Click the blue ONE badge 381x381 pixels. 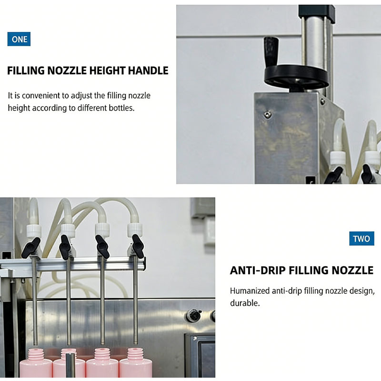coord(19,39)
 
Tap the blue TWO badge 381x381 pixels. coord(361,239)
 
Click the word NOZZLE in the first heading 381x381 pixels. coord(67,70)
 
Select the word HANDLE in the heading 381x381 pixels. coord(148,70)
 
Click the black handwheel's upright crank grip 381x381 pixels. coord(271,51)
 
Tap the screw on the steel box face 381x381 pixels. coord(268,114)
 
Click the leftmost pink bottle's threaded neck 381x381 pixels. coord(36,355)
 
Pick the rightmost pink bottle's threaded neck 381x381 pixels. coord(135,354)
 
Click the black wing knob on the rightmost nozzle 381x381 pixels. coord(138,246)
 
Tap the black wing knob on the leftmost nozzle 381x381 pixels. coord(31,248)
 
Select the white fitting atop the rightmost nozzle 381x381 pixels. coord(135,230)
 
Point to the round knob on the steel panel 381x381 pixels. coord(194,315)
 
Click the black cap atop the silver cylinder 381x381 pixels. coord(317,13)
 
